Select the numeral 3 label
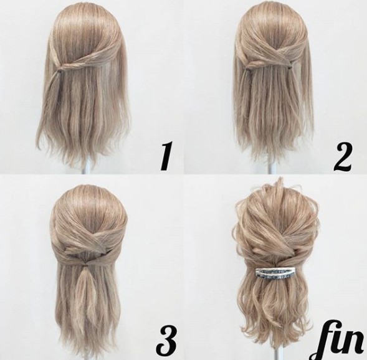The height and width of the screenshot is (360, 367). [166, 339]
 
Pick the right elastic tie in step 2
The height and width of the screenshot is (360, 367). [290, 67]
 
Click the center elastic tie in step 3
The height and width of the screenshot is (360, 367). [87, 265]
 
